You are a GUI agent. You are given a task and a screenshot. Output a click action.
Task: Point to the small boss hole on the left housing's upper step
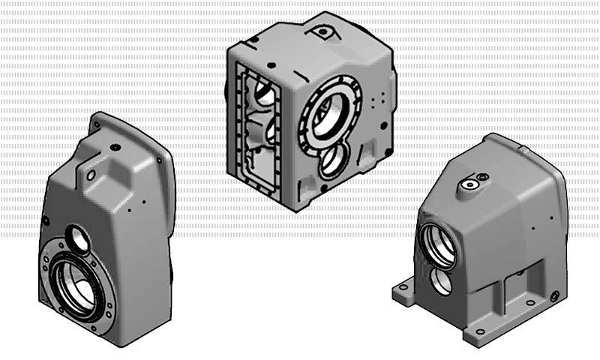(91, 175)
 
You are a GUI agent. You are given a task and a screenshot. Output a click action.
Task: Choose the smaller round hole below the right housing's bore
(441, 283)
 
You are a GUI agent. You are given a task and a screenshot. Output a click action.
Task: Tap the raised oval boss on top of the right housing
(473, 181)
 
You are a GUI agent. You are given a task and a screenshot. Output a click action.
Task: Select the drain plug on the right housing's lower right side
(555, 298)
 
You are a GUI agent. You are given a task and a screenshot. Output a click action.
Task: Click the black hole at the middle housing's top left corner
(234, 49)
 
